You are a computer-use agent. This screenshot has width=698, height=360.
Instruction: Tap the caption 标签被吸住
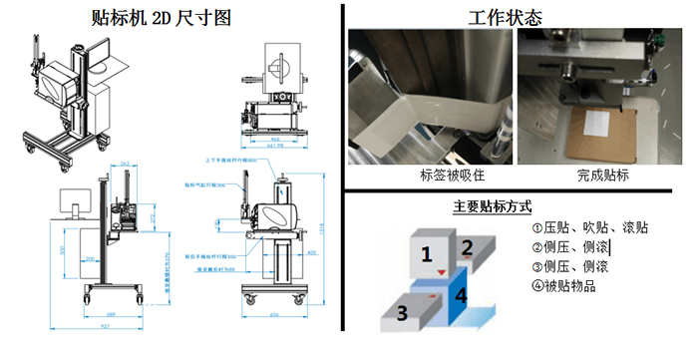coord(429,176)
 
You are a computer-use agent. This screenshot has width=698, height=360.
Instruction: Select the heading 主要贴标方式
coord(492,207)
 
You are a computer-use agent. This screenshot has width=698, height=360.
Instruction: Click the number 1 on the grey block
coord(426,254)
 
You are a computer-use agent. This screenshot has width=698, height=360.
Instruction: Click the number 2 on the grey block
coord(467,246)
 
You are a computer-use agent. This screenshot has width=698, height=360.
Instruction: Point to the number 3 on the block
coord(402,312)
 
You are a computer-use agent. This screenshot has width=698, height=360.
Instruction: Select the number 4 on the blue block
coord(460,295)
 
